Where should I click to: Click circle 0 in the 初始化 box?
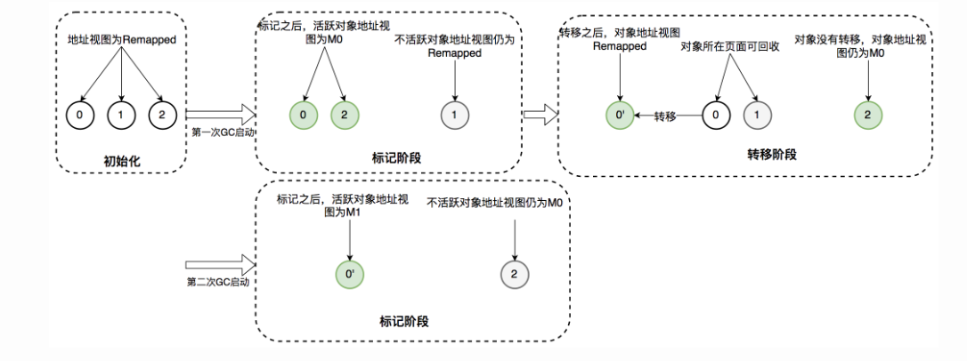tap(81, 115)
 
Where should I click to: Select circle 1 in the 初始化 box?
tap(121, 115)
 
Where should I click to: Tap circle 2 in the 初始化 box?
tap(163, 115)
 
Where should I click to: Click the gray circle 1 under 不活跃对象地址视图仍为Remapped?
tap(455, 116)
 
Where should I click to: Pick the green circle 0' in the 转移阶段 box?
tap(620, 115)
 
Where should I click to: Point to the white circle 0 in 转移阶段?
tap(716, 115)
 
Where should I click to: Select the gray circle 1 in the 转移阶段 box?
tap(757, 115)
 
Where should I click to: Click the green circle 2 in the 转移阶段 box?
tap(868, 115)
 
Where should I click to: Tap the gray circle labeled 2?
tap(515, 275)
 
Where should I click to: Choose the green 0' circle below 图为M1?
tap(350, 275)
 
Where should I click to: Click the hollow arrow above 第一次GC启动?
tap(221, 115)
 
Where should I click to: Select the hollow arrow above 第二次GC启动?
tap(221, 266)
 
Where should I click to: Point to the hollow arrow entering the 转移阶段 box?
tap(540, 115)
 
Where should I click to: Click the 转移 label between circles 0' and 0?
tap(665, 116)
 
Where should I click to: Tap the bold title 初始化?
tap(121, 163)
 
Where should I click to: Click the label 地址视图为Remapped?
tap(121, 40)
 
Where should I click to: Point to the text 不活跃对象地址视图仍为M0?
tap(495, 203)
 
